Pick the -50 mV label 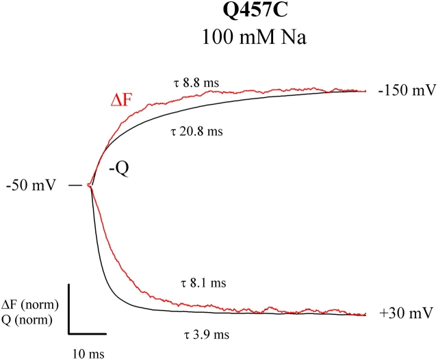click(31, 185)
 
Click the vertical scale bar click(68, 308)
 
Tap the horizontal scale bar click(87, 334)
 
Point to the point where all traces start click(91, 185)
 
